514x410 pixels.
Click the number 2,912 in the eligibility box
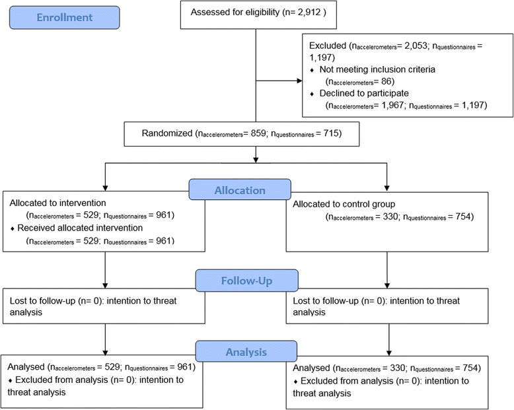(302, 13)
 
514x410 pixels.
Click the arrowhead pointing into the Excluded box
(301, 82)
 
